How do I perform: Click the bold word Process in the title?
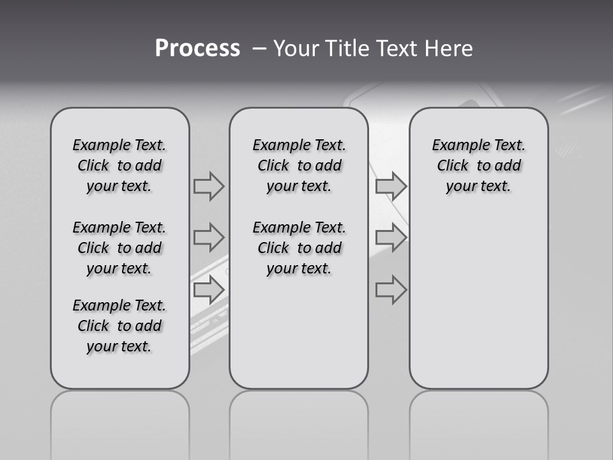[197, 49]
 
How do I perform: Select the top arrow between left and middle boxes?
[209, 186]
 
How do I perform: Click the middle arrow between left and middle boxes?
[209, 238]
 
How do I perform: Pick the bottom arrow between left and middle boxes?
[209, 290]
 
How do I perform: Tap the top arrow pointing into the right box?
[391, 186]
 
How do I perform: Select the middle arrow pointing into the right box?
[391, 238]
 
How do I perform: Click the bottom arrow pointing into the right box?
[391, 290]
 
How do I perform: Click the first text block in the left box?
[119, 165]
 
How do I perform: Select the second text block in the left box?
[119, 248]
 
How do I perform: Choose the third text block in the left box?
[119, 326]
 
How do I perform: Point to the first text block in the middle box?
[299, 165]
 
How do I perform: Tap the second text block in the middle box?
[299, 248]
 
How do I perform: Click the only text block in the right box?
[479, 165]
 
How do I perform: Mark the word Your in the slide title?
[297, 49]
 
